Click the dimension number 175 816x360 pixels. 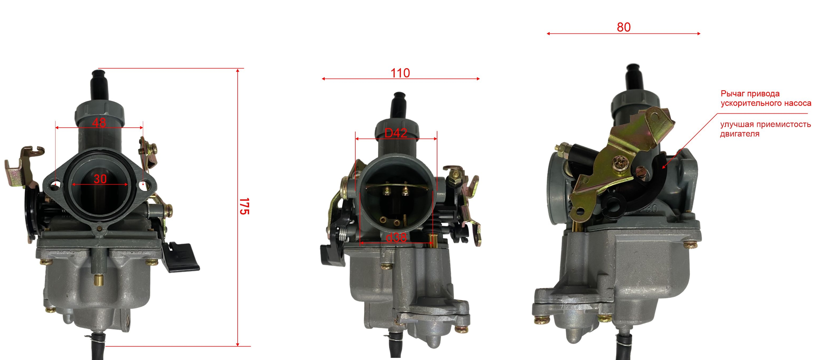(244, 207)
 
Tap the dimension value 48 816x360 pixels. (99, 123)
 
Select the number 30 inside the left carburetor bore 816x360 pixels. (100, 179)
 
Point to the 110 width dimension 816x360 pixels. (400, 73)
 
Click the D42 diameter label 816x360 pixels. (396, 133)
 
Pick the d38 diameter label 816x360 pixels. (396, 237)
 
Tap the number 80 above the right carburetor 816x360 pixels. (624, 27)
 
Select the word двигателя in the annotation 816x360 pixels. (740, 134)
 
